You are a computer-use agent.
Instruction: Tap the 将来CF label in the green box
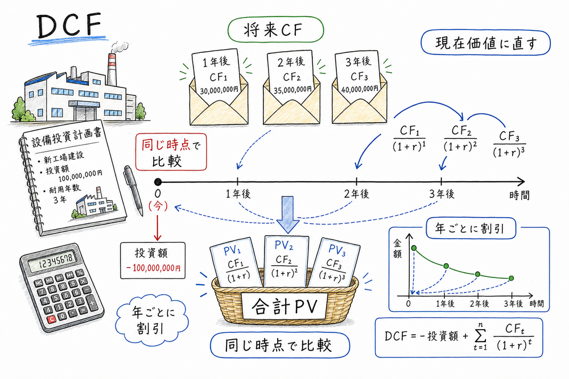(275, 30)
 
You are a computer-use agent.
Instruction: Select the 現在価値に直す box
(485, 43)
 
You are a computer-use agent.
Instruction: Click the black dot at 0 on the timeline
(158, 181)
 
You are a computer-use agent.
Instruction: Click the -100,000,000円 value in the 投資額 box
(152, 268)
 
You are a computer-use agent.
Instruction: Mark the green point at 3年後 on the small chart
(512, 278)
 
